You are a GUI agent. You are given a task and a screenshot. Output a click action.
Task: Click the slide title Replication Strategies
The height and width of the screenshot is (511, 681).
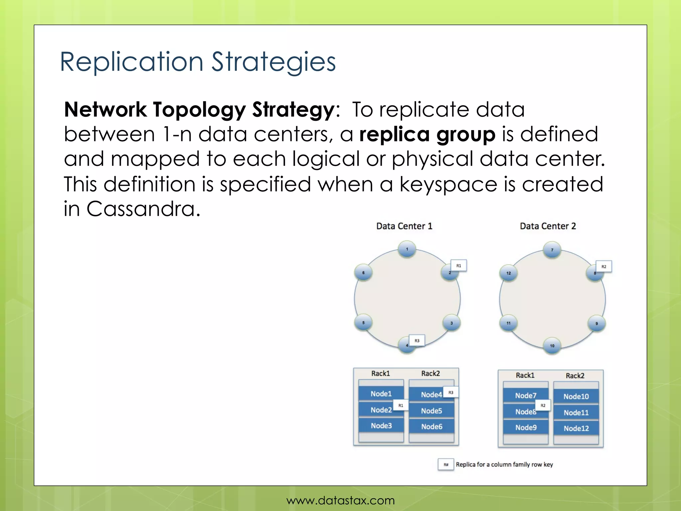(x=198, y=62)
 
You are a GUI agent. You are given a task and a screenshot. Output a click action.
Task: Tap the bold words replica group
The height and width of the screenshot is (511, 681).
(x=427, y=134)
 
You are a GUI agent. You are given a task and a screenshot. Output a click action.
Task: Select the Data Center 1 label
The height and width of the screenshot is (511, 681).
(x=404, y=226)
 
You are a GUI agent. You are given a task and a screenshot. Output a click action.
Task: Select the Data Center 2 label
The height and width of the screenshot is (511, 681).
(x=548, y=226)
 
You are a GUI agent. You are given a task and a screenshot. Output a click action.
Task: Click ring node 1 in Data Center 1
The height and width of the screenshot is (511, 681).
(x=407, y=249)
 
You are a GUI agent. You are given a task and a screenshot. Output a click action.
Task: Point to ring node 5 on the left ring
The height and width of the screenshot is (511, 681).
(x=363, y=323)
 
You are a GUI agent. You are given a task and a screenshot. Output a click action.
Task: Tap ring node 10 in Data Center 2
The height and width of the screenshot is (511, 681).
(x=552, y=346)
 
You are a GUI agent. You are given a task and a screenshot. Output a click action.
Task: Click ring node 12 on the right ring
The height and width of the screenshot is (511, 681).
(x=508, y=273)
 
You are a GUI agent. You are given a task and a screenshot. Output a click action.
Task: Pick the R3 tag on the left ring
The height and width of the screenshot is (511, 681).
(x=417, y=341)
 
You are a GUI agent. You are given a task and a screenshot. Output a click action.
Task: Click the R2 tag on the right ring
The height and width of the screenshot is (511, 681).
(x=604, y=266)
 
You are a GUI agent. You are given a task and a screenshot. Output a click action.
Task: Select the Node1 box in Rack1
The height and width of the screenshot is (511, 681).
(x=381, y=394)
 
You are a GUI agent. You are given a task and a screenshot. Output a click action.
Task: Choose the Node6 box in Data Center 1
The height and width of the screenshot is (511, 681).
(x=432, y=427)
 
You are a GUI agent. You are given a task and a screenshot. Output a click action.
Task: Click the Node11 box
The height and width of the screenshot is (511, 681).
(x=576, y=413)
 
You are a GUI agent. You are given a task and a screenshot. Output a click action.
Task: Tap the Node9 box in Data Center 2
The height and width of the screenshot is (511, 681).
(x=526, y=427)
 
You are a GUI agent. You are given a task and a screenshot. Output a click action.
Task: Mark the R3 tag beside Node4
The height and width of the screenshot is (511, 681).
(x=451, y=393)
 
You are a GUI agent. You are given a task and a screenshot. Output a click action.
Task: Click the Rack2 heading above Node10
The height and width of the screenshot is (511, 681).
(x=575, y=376)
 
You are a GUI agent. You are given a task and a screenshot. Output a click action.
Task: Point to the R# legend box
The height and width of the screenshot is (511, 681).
(x=446, y=465)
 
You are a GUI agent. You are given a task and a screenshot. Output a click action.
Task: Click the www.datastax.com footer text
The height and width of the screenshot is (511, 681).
(x=340, y=500)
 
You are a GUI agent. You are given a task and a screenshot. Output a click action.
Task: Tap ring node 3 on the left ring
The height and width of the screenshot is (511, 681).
(x=451, y=323)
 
